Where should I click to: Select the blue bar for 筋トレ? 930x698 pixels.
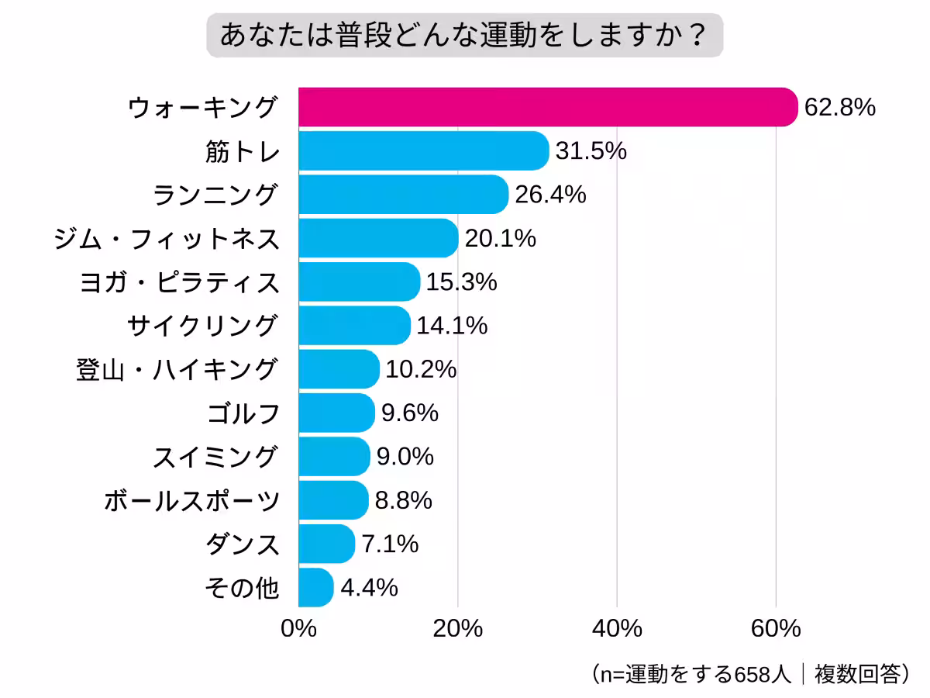(x=423, y=150)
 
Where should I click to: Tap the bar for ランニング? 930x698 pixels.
(x=403, y=195)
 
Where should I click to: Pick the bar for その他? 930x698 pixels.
(x=315, y=588)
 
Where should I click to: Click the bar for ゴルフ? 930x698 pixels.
(x=336, y=413)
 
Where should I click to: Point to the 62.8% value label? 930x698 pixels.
(x=839, y=107)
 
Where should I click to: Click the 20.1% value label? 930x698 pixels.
(x=500, y=239)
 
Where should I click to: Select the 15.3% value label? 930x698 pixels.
(x=461, y=282)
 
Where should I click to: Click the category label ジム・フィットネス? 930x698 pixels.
(x=167, y=239)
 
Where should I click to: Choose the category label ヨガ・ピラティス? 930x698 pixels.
(x=179, y=282)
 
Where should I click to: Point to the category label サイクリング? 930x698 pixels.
(x=201, y=326)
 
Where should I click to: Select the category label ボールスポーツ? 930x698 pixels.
(x=191, y=501)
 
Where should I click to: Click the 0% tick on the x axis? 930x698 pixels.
(x=298, y=628)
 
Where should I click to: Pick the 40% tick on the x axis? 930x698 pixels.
(x=617, y=628)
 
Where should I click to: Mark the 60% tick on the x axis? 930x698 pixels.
(x=776, y=628)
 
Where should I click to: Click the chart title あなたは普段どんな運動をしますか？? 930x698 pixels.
(x=464, y=36)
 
